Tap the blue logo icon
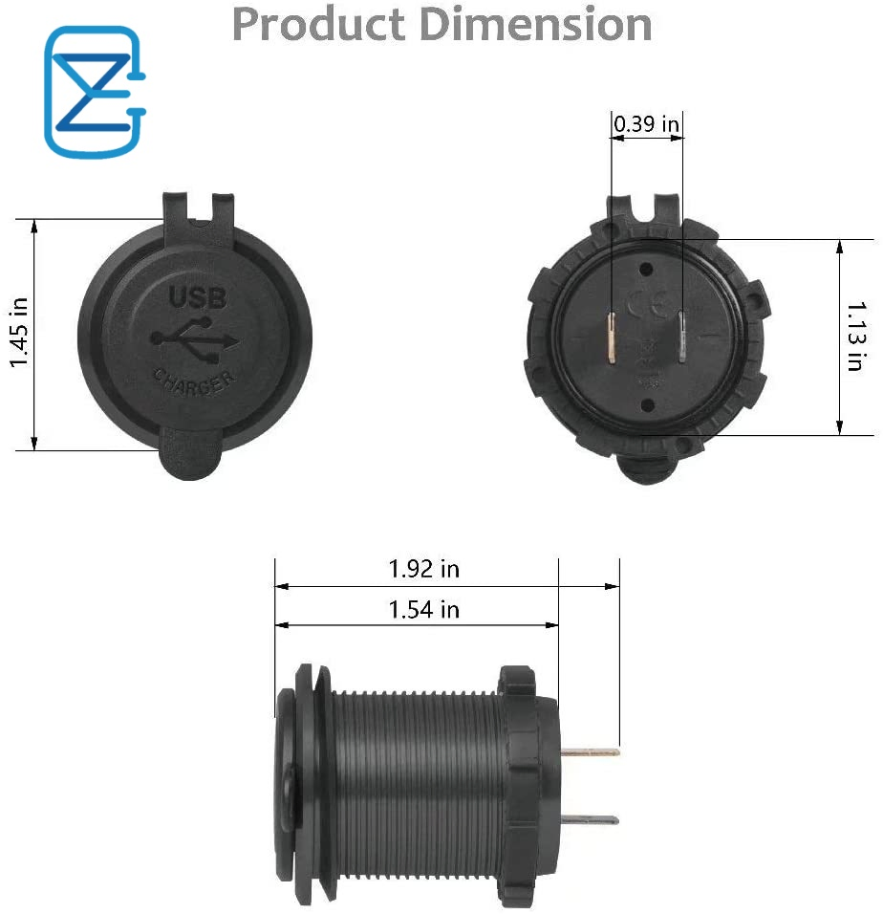[x=95, y=92]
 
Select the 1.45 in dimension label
[x=19, y=333]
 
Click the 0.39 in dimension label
[x=646, y=124]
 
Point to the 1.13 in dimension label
[x=856, y=337]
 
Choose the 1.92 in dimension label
[x=423, y=569]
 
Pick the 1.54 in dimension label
[x=423, y=609]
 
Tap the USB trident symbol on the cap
[x=195, y=342]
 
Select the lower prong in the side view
[x=589, y=819]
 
